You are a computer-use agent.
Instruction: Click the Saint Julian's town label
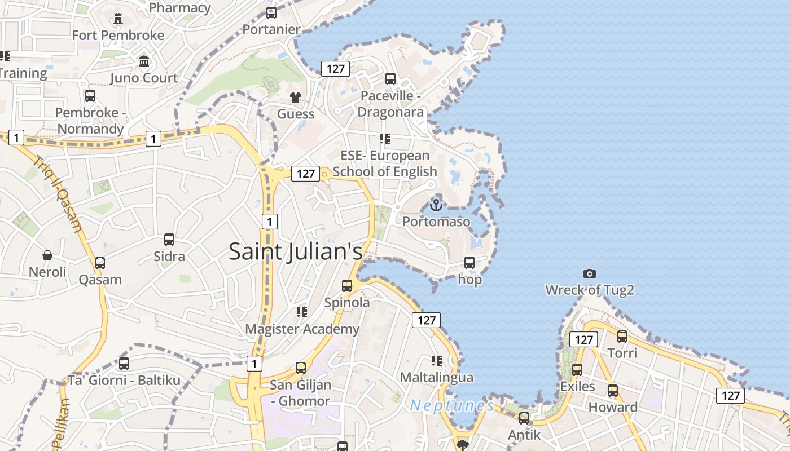coord(295,251)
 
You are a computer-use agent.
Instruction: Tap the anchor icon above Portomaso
coord(435,205)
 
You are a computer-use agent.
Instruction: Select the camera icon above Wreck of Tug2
coord(590,273)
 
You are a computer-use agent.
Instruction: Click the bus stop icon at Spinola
coord(347,286)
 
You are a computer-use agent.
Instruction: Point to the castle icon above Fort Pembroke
coord(117,18)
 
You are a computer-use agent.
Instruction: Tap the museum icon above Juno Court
coord(144,61)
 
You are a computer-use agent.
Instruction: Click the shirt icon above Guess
coord(295,97)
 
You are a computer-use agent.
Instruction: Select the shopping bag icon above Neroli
coord(47,255)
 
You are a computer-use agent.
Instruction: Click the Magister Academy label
coord(302,329)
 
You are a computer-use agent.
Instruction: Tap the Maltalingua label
coord(437,377)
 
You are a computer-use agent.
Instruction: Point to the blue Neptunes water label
coord(451,405)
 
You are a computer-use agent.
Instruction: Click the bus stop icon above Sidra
coord(169,240)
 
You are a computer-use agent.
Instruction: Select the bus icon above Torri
coord(622,337)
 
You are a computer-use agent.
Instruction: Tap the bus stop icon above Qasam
coord(100,263)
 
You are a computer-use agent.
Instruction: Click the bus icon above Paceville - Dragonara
coord(390,79)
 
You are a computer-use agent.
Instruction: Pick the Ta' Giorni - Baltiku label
coord(124,381)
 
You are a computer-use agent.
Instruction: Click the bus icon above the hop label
coord(469,263)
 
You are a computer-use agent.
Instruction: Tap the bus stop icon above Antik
coord(524,418)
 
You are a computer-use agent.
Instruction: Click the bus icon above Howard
coord(613,390)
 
